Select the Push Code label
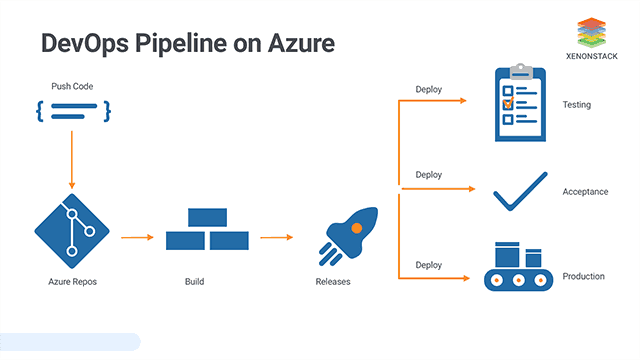coord(72,87)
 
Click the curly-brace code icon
coord(72,111)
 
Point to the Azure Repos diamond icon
coord(72,229)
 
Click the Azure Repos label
coord(72,282)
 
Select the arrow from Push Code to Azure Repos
coord(72,160)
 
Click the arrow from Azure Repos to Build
coord(136,238)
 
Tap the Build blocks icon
coord(207,229)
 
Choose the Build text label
coord(195,282)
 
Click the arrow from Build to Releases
coord(276,238)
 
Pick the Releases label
coord(333,282)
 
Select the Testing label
coord(576,104)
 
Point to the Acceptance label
coord(585,191)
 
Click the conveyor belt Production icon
coord(519,266)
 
